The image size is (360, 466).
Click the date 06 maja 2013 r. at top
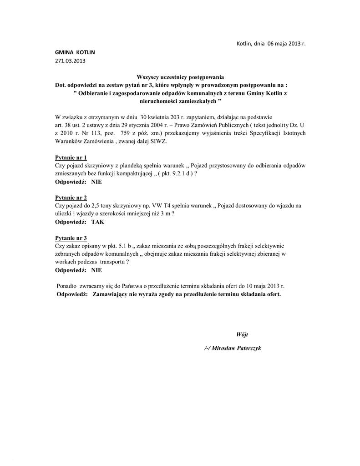[283, 44]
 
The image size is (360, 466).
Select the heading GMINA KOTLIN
[72, 52]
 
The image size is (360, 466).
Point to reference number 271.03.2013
[70, 60]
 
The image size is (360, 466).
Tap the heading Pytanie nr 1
[71, 157]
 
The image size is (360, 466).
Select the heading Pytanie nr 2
[71, 198]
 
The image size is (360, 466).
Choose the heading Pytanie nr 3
[71, 238]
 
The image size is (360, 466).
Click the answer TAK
[98, 222]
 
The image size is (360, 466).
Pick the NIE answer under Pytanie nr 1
[96, 182]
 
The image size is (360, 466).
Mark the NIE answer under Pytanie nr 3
[96, 270]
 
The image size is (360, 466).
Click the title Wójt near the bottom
[242, 334]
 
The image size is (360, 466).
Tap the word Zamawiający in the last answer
[112, 294]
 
